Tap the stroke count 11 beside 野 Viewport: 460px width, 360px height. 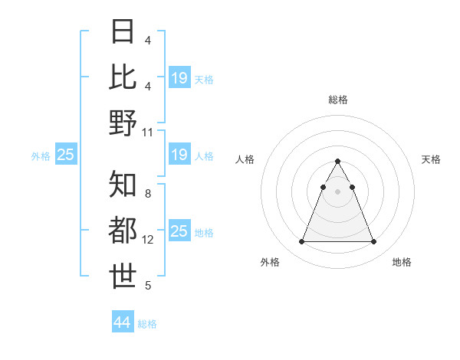(148, 132)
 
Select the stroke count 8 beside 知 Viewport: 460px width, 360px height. (148, 194)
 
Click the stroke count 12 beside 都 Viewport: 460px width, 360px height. (148, 240)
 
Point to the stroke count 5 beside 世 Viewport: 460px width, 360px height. (148, 286)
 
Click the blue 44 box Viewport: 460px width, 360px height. (122, 322)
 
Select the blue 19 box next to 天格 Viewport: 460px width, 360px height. (179, 77)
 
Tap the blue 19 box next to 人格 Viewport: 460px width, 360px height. (179, 155)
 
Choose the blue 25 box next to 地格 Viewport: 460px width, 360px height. (179, 231)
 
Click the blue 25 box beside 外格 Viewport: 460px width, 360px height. (65, 155)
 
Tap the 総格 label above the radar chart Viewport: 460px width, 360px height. (338, 100)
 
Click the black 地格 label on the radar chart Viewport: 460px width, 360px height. (402, 263)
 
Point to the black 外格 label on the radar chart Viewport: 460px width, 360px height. (270, 263)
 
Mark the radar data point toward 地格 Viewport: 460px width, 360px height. (373, 242)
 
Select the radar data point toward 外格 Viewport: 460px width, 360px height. (301, 242)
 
